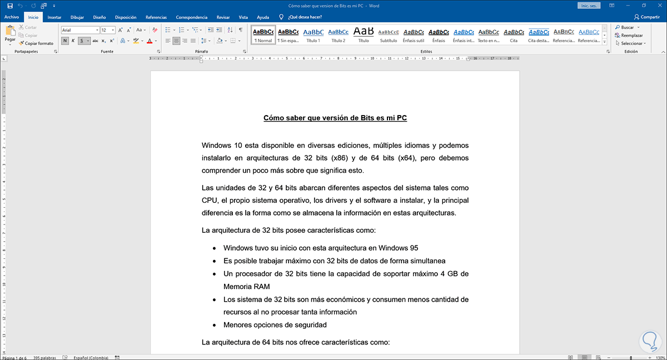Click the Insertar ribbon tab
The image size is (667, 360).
(x=54, y=17)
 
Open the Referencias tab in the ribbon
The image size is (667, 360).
(x=156, y=17)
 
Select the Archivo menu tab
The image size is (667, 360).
(x=12, y=17)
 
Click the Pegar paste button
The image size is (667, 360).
(x=10, y=34)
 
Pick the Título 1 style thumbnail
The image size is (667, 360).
(x=313, y=35)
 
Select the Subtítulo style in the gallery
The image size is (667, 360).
(x=388, y=35)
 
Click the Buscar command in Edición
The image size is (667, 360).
(x=627, y=27)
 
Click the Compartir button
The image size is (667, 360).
(x=646, y=17)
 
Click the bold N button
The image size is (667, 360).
(x=65, y=41)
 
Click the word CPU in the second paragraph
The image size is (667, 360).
(x=210, y=200)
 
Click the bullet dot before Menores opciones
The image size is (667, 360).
(x=214, y=325)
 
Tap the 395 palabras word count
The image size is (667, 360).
(x=44, y=357)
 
